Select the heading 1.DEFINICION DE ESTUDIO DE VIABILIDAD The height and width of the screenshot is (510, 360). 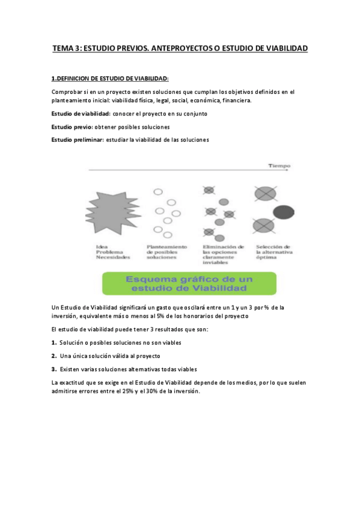pyautogui.click(x=111, y=78)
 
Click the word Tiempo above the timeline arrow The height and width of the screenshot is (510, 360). pyautogui.click(x=279, y=165)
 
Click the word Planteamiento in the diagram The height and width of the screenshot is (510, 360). pyautogui.click(x=166, y=247)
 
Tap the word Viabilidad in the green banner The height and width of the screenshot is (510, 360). pyautogui.click(x=218, y=290)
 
